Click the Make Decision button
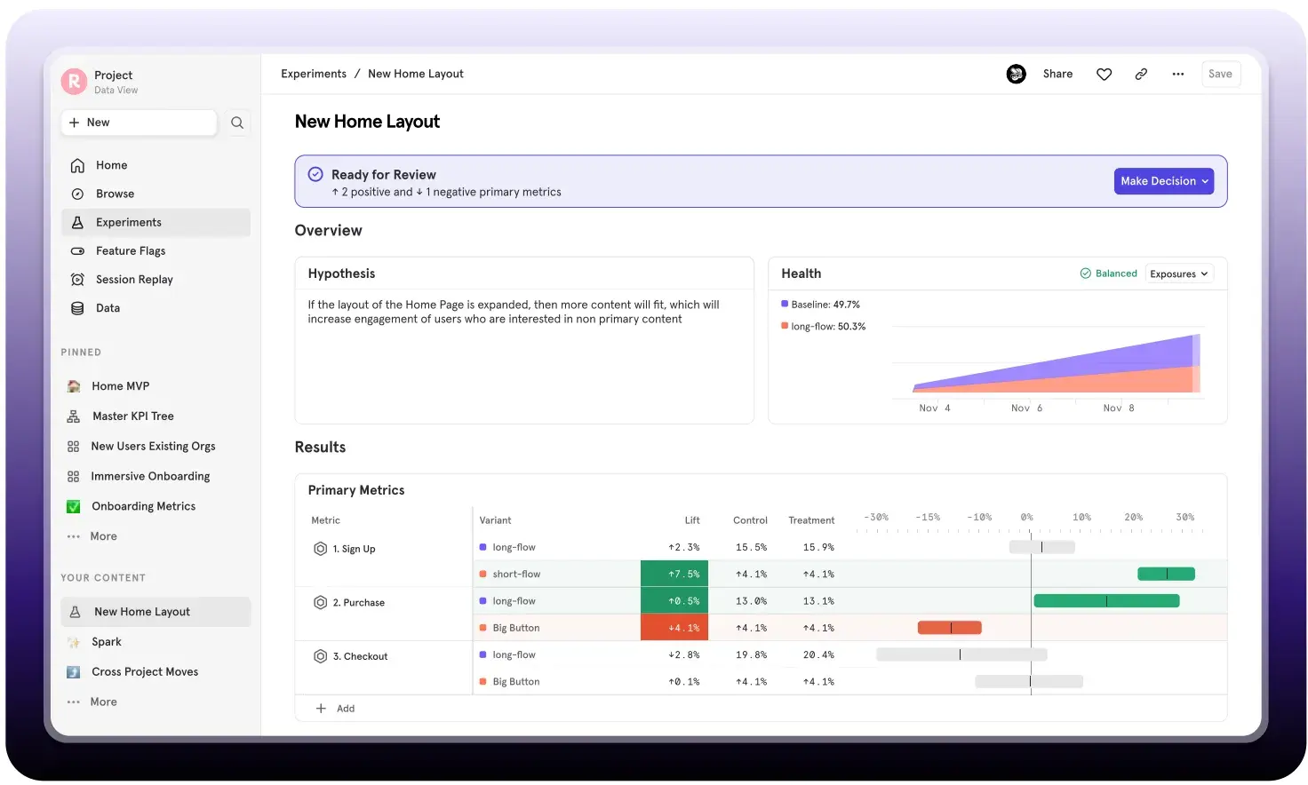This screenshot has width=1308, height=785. tap(1163, 181)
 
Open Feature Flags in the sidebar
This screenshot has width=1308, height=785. tap(130, 251)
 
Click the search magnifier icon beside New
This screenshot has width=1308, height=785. tap(237, 123)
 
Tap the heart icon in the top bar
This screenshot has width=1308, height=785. tap(1104, 75)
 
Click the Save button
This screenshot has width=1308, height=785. tap(1220, 75)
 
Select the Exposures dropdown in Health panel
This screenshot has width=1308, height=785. tap(1178, 274)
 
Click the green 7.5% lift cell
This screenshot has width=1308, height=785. tap(674, 575)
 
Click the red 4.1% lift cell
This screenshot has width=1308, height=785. tap(674, 628)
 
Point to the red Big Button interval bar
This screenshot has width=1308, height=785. tap(949, 628)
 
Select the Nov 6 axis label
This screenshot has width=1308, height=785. tap(1026, 408)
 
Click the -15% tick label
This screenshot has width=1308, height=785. tap(928, 517)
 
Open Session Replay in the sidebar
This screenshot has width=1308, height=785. tap(134, 280)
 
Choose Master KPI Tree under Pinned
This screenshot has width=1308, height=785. tap(132, 416)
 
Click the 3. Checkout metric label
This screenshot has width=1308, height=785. tap(360, 657)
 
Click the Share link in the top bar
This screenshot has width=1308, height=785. tap(1057, 75)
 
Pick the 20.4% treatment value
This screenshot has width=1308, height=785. tap(817, 655)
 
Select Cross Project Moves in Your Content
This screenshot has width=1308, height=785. tap(145, 672)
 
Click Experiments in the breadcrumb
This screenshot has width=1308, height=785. tap(314, 75)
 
